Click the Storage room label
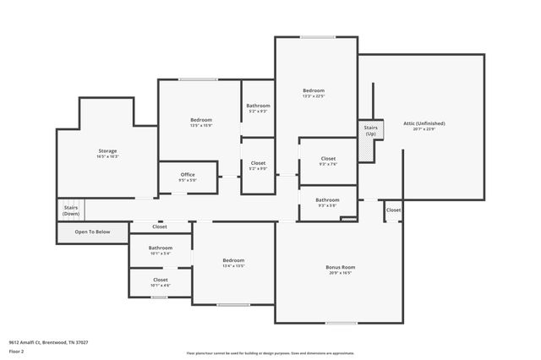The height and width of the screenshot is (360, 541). [107, 151]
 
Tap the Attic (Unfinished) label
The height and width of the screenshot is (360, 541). [424, 123]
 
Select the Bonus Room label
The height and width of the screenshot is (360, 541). [340, 268]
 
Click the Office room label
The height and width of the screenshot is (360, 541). [187, 175]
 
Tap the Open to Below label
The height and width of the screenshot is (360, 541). [92, 232]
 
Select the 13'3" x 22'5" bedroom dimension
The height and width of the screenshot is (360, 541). [314, 96]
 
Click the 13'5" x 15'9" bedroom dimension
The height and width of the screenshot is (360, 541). [200, 126]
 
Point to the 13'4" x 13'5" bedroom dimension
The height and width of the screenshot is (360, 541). [233, 265]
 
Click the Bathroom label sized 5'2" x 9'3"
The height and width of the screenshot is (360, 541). [258, 106]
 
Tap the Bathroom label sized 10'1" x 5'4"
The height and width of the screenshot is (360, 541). [160, 248]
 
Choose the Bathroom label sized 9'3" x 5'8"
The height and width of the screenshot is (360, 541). [327, 199]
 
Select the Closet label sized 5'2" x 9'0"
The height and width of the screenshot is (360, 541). [258, 163]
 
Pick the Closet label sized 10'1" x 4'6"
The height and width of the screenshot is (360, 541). [160, 280]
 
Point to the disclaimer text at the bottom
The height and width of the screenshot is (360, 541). [270, 352]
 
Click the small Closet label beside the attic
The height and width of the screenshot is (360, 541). [394, 210]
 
